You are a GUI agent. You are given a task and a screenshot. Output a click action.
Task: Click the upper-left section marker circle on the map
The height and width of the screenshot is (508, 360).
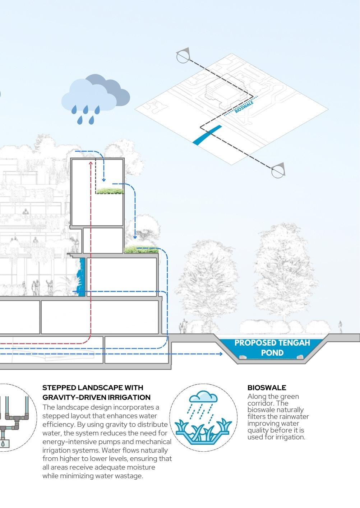[182, 57]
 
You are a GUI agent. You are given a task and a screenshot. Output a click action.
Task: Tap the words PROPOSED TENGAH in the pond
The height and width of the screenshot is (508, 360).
[272, 342]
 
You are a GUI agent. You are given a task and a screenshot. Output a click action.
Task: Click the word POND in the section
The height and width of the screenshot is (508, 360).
[272, 353]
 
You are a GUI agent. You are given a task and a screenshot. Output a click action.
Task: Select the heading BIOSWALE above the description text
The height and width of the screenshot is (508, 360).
[267, 388]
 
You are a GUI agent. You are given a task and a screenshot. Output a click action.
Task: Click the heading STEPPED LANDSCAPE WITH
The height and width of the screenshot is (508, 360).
[93, 388]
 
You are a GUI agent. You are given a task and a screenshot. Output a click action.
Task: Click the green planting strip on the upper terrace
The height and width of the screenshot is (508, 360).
[110, 191]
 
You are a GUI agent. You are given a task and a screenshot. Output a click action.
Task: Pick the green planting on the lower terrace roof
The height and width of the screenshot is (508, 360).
[141, 249]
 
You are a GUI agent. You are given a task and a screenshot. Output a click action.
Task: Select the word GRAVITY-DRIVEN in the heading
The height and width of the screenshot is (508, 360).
[70, 397]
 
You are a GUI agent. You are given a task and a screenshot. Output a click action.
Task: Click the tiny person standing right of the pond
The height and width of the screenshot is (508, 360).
[340, 328]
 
